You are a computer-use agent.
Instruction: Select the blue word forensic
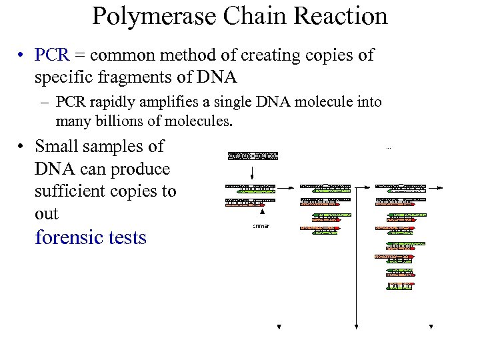point(69,237)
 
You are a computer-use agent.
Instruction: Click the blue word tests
point(127,237)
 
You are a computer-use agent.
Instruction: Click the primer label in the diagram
point(261,226)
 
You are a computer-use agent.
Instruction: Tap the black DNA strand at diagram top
point(253,155)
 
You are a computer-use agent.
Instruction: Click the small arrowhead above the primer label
point(262,211)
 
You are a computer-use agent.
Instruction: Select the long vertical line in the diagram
point(357,253)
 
